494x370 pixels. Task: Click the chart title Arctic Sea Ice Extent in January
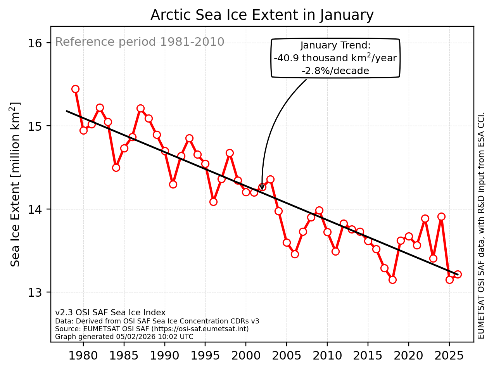[262, 15]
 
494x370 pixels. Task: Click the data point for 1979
[75, 89]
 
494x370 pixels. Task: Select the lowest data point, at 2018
[392, 280]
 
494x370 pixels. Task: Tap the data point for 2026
[458, 274]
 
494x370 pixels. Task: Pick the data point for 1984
[116, 168]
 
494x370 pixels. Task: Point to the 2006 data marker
[295, 254]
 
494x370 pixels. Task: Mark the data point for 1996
[213, 202]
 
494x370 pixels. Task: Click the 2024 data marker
[441, 216]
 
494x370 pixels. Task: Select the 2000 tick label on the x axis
[246, 356]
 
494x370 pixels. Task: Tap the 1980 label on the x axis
[83, 356]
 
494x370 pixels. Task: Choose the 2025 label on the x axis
[449, 356]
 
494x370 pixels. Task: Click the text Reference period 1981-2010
[140, 42]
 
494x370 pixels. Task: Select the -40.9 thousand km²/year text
[335, 58]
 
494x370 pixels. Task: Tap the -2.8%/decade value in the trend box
[335, 71]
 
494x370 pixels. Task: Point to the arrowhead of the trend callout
[262, 188]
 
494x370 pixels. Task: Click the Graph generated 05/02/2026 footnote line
[124, 337]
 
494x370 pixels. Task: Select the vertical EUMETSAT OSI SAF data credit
[481, 225]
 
